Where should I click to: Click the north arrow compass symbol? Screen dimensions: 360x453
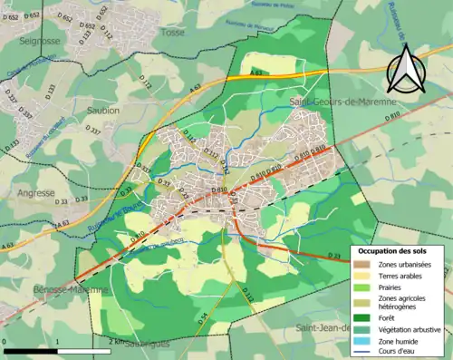[406, 67]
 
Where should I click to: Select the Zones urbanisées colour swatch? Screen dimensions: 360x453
[361, 264]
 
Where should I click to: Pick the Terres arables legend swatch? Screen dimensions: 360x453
[361, 276]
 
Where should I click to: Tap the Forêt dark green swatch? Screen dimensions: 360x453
[361, 316]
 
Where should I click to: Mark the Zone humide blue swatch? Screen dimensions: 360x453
[361, 340]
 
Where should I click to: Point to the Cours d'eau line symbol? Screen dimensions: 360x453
[361, 352]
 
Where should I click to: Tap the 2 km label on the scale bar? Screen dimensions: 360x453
[115, 342]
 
